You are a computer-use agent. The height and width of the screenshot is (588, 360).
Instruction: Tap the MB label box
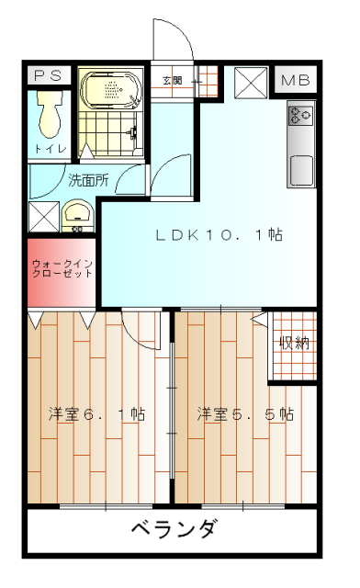[x=295, y=81]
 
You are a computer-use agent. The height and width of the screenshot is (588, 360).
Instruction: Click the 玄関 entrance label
[x=173, y=81]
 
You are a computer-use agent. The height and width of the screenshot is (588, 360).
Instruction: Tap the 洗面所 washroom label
[x=88, y=180]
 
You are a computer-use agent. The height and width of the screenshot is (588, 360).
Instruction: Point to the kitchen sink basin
[x=301, y=171]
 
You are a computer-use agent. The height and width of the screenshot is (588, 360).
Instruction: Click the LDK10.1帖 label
[x=218, y=235]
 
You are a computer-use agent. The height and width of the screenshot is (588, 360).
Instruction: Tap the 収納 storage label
[x=294, y=344]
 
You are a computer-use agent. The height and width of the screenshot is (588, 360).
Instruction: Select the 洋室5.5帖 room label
[x=245, y=414]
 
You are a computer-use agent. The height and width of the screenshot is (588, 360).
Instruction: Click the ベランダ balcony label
[x=173, y=531]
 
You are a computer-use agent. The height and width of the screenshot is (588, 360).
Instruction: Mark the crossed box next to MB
[x=250, y=82]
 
